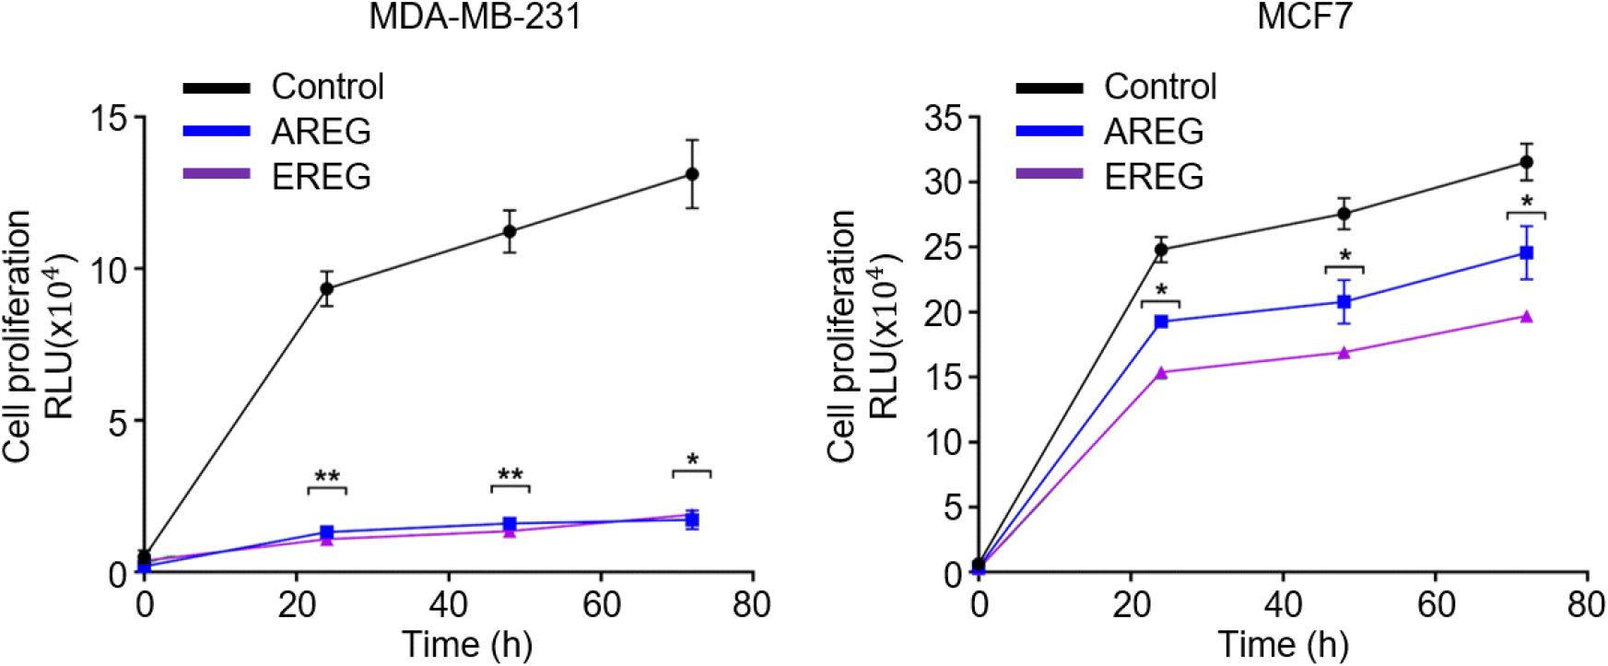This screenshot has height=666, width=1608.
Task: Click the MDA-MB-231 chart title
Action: tap(475, 17)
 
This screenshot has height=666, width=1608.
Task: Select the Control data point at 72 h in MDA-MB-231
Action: tap(692, 174)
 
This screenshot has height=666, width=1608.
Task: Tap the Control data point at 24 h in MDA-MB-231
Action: tap(326, 288)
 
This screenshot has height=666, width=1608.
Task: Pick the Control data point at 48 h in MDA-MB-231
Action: tap(510, 231)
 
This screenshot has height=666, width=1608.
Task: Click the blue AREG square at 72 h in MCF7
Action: tap(1526, 252)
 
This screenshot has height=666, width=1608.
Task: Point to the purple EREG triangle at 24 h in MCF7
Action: tap(1161, 372)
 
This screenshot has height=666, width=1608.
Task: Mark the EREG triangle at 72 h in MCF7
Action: tap(1526, 316)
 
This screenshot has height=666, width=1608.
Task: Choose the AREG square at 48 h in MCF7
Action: tap(1344, 301)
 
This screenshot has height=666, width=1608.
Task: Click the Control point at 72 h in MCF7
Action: tap(1526, 162)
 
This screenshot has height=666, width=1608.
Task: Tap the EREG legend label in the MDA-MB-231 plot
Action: tap(321, 176)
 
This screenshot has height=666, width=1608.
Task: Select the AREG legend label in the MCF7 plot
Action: tap(1154, 132)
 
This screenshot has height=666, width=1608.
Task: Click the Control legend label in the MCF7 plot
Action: tap(1160, 87)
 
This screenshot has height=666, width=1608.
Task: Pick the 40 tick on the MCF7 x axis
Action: tap(1283, 605)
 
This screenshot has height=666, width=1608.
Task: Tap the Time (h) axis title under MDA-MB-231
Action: tap(467, 644)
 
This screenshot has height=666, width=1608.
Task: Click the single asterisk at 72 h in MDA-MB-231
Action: tap(692, 460)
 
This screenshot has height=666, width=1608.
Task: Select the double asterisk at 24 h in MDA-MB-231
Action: tap(327, 477)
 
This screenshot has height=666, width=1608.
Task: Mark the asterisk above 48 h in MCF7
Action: tap(1344, 255)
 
